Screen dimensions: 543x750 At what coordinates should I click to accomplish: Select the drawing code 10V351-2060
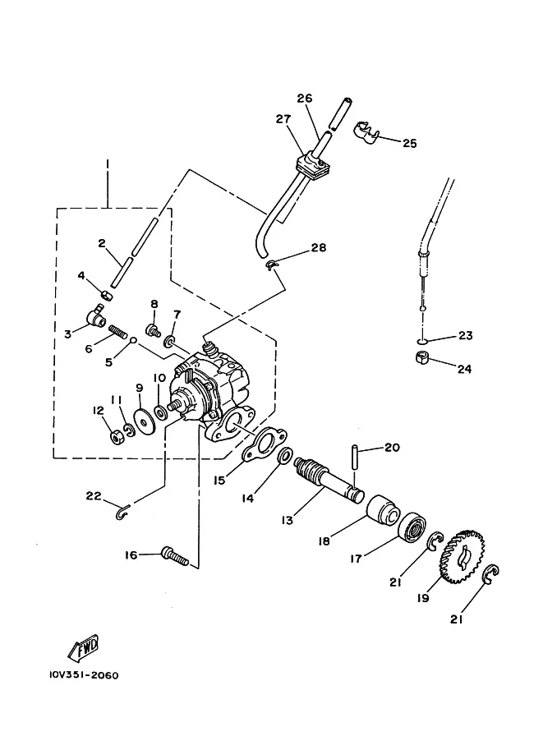point(84,675)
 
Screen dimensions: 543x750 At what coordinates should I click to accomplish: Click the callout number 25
point(410,143)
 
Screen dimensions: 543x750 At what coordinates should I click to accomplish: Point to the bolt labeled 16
point(176,556)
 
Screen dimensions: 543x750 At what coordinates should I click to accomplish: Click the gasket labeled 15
point(265,445)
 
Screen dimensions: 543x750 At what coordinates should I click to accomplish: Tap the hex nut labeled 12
point(116,436)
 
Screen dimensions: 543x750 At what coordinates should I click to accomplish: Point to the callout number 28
point(319,247)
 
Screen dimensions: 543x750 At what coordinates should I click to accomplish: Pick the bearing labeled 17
point(412,527)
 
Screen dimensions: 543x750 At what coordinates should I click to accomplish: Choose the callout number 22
point(94,495)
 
